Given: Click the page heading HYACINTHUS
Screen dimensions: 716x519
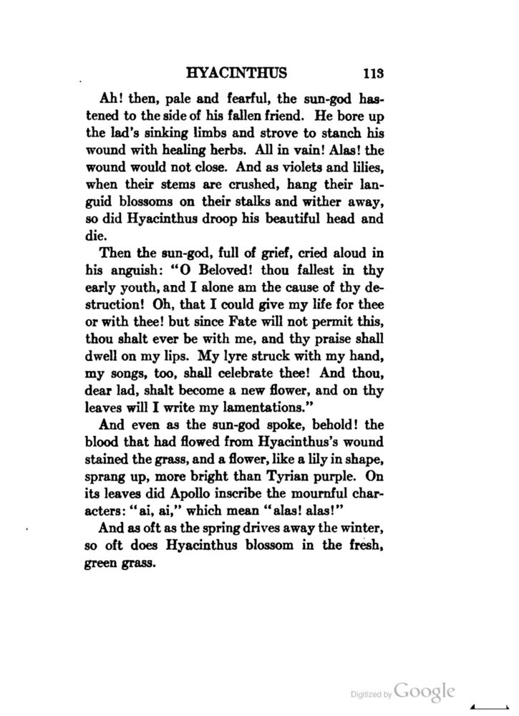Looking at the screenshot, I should tap(236, 72).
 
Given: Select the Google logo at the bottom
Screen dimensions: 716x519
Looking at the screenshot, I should tap(425, 692).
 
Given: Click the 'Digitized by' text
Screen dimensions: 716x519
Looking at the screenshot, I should tap(370, 695).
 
